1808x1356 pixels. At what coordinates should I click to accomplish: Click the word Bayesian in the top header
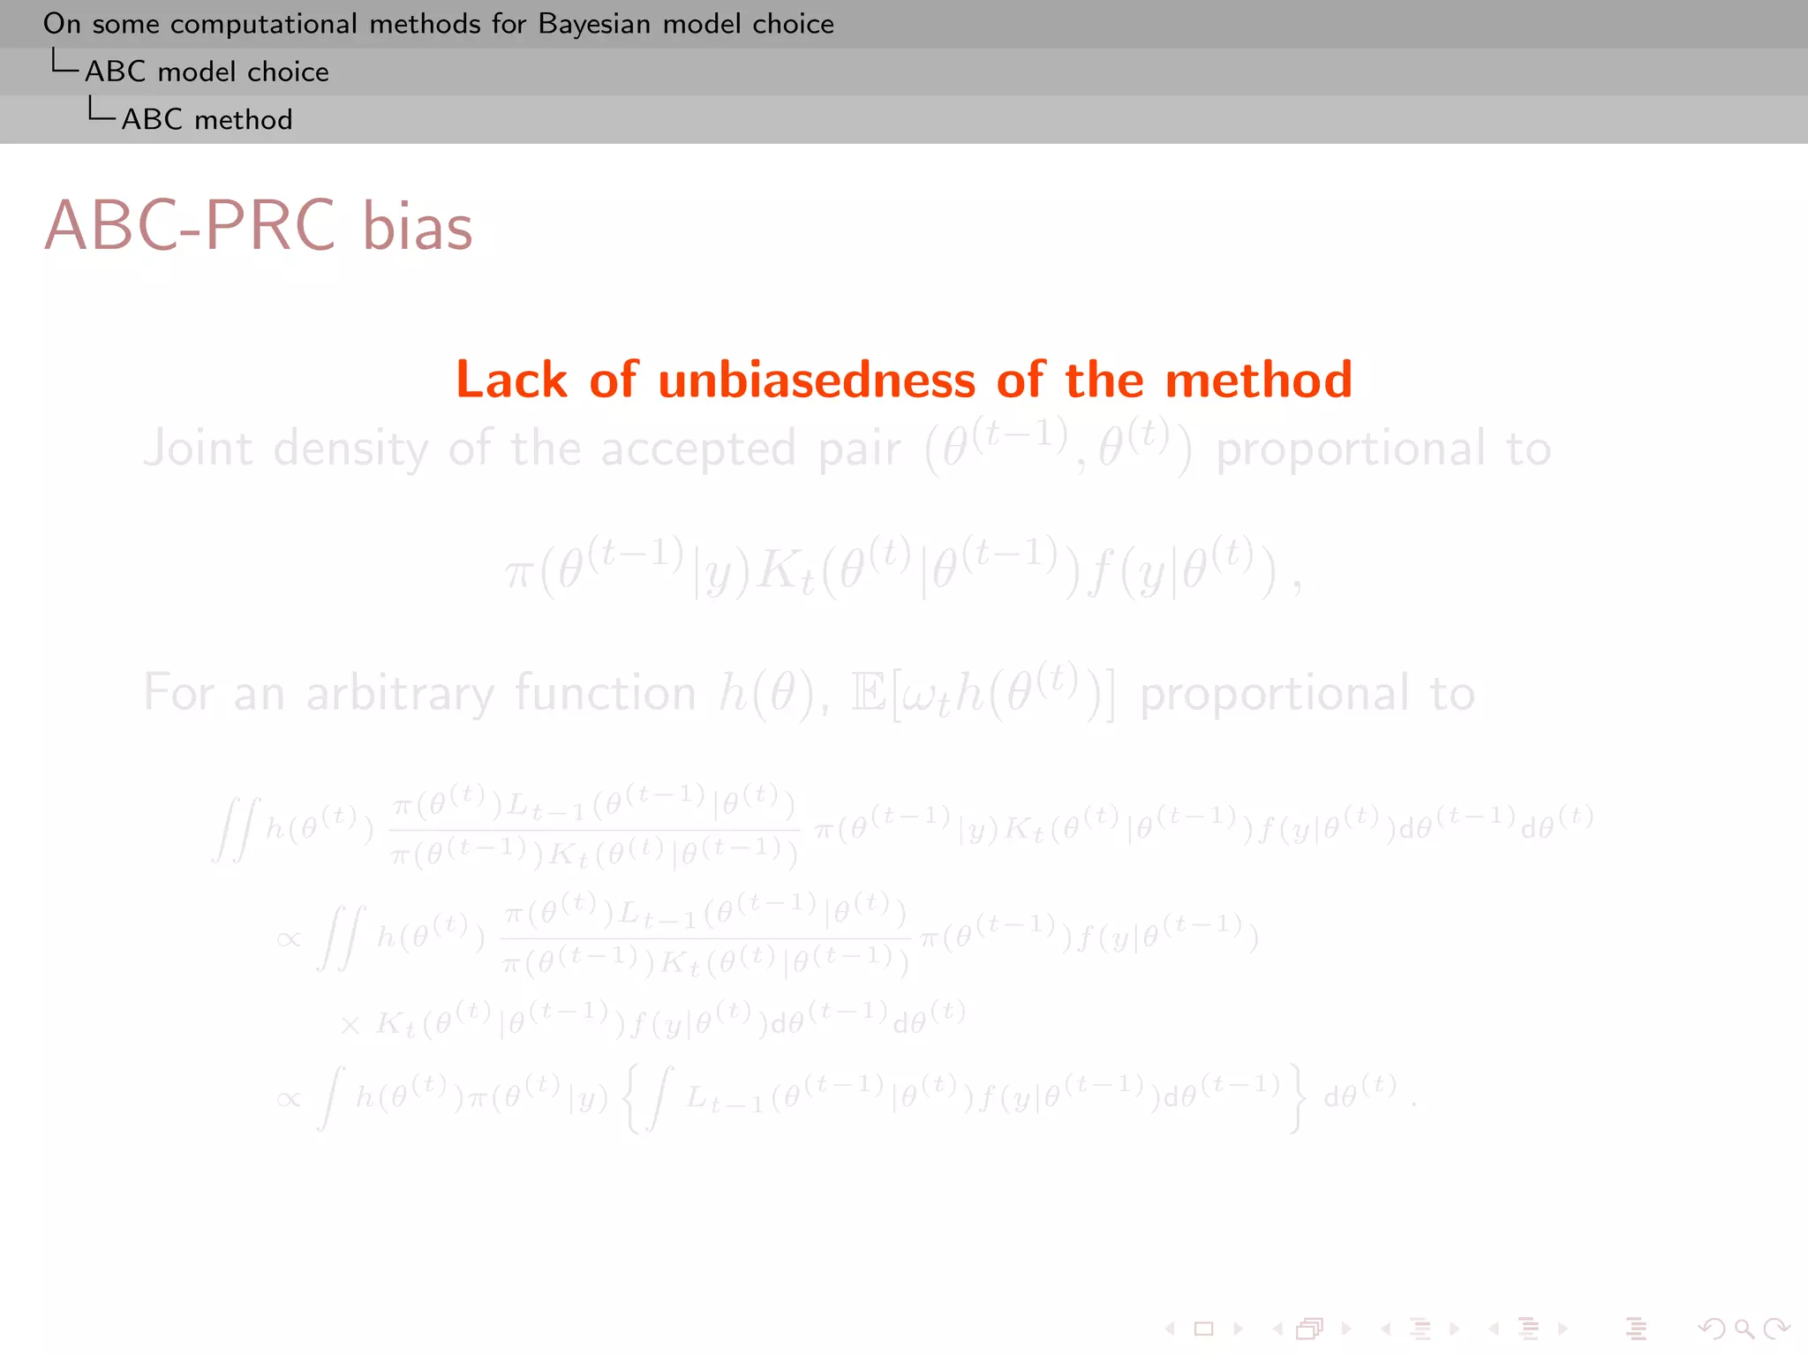[x=594, y=24]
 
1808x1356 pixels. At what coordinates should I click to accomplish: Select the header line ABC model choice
[x=207, y=72]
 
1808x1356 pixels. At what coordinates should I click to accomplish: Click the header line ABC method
[x=207, y=119]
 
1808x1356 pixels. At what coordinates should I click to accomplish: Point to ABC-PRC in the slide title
[x=190, y=226]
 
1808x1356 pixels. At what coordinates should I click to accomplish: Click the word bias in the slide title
[x=418, y=226]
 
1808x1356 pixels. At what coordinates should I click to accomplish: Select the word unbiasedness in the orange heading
[x=817, y=380]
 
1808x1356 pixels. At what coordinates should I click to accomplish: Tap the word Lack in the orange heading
[x=511, y=380]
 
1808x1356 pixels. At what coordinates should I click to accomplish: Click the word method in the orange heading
[x=1258, y=380]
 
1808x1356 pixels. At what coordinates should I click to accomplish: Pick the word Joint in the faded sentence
[x=198, y=448]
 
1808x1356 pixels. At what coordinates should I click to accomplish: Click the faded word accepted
[x=698, y=448]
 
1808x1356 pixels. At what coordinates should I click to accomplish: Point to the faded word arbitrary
[x=400, y=693]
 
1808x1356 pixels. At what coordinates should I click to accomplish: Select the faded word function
[x=606, y=693]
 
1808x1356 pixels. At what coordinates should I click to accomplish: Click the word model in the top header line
[x=701, y=24]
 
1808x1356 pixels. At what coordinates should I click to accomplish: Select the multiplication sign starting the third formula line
[x=350, y=1025]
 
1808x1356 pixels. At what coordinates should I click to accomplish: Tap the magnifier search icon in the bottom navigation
[x=1744, y=1329]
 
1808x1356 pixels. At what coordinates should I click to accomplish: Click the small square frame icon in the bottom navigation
[x=1203, y=1329]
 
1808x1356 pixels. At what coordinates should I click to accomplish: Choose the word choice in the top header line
[x=793, y=24]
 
